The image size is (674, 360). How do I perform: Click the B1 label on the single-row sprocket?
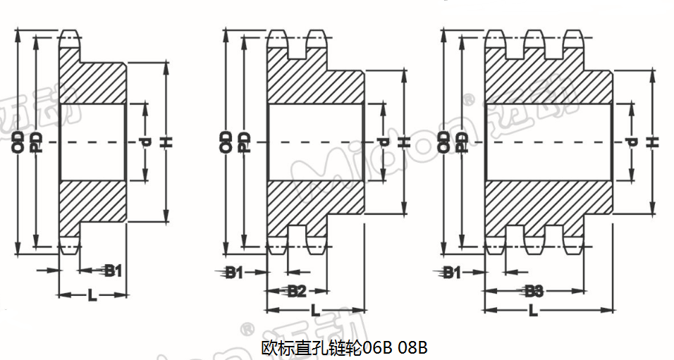point(114,269)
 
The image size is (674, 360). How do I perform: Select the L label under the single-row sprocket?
point(92,295)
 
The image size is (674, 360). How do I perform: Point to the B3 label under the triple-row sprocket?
point(534,290)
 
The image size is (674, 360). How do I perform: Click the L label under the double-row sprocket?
point(314,310)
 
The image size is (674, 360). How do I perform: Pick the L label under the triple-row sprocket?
point(534,310)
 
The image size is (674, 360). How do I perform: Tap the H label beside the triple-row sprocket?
point(653,142)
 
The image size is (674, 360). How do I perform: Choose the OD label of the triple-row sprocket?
point(443,142)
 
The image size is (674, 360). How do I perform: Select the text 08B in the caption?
point(413,347)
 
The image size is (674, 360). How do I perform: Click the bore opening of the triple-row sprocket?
point(549,142)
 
